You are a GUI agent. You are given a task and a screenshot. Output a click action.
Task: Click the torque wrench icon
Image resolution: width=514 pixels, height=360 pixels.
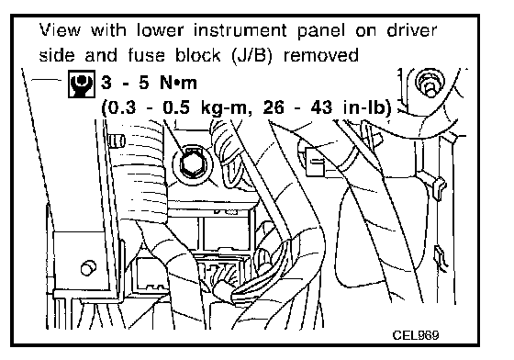point(82,84)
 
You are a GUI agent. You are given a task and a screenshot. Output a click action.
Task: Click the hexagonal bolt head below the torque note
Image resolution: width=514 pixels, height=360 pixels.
point(192,163)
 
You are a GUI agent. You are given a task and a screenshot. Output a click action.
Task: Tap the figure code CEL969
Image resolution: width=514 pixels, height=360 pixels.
point(415,335)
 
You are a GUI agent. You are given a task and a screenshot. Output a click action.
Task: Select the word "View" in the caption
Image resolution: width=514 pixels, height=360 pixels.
point(60,30)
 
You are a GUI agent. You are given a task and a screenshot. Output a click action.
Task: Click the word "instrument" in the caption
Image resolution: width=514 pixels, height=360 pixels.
point(240,30)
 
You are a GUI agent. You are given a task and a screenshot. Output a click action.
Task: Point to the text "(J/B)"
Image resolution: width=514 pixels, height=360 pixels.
point(252,55)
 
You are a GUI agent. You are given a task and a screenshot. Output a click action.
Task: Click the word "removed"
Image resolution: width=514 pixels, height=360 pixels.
point(321,55)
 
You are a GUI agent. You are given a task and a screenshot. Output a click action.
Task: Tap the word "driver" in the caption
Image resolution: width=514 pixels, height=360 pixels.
point(412,30)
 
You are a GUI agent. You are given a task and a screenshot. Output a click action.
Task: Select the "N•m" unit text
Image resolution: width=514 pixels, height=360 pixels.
point(179,83)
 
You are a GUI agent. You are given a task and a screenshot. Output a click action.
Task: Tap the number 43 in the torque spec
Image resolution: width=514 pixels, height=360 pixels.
point(321,107)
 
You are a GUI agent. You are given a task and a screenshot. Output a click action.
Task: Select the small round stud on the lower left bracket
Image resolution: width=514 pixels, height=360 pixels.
point(88,268)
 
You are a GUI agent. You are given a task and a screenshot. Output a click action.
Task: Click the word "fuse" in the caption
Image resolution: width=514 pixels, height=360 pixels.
point(146,55)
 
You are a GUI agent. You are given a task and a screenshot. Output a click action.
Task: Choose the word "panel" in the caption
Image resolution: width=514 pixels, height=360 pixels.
point(321,31)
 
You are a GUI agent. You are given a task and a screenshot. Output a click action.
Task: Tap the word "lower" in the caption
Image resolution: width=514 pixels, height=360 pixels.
point(161,30)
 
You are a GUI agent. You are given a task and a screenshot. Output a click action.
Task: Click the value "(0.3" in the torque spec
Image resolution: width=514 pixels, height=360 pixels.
point(118,107)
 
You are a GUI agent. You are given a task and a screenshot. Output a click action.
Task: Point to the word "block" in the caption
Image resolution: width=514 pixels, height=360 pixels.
point(197,55)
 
